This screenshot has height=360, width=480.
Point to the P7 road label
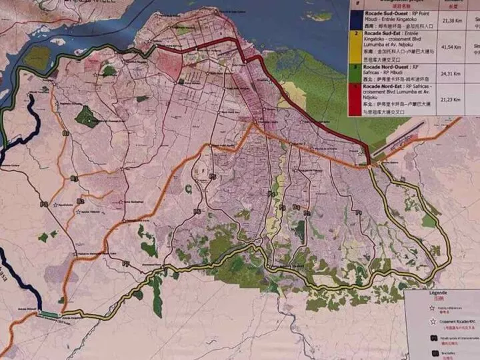click(125, 264)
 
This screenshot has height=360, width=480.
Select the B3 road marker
click(74, 179)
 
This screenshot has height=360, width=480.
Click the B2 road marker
click(80, 201)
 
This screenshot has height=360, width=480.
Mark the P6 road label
click(197, 211)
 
